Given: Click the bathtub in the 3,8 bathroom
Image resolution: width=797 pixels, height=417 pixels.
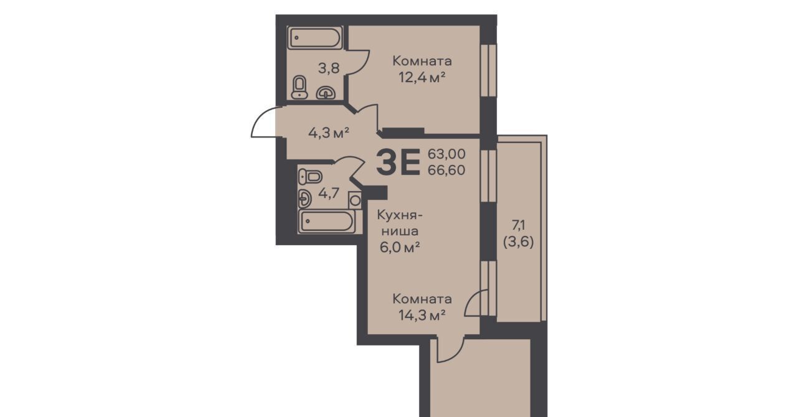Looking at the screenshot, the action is pos(314,37).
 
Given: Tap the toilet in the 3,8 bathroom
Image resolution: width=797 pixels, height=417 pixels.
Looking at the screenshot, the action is pos(299,87).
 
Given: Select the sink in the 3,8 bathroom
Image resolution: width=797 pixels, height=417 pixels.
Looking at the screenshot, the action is pos(326,93).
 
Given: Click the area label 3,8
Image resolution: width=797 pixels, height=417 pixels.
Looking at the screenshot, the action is pos(80,68).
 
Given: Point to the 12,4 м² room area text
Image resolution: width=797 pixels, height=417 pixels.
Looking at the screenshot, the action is pos(422,77).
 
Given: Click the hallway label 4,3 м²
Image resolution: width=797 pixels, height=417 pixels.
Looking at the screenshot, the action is pos(328,133).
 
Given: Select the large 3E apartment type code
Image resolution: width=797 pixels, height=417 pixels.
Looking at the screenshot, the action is pos(398,162).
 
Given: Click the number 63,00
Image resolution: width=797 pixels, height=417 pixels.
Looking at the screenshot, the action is pos(446,154).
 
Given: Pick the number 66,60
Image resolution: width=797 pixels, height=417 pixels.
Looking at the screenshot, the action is pos(446,171).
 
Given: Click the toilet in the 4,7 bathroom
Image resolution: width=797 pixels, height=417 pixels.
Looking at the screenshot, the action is pos(310,177).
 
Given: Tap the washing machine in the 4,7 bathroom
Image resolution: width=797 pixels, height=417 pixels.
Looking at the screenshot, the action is pos(355,200).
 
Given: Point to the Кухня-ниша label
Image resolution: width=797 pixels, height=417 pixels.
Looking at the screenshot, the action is pos(400,223).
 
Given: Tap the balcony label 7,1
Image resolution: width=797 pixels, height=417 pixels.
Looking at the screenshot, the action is pos(519,225).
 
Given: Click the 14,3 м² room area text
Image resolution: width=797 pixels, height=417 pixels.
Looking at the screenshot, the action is pos(422,316).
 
